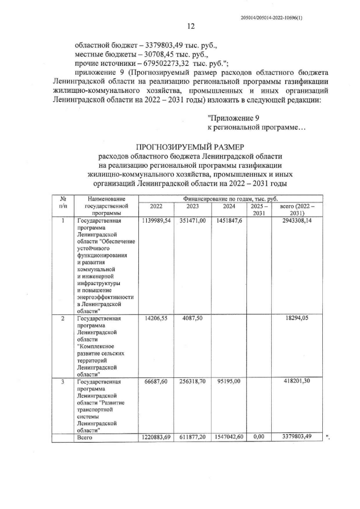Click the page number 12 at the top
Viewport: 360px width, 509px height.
tap(191, 26)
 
